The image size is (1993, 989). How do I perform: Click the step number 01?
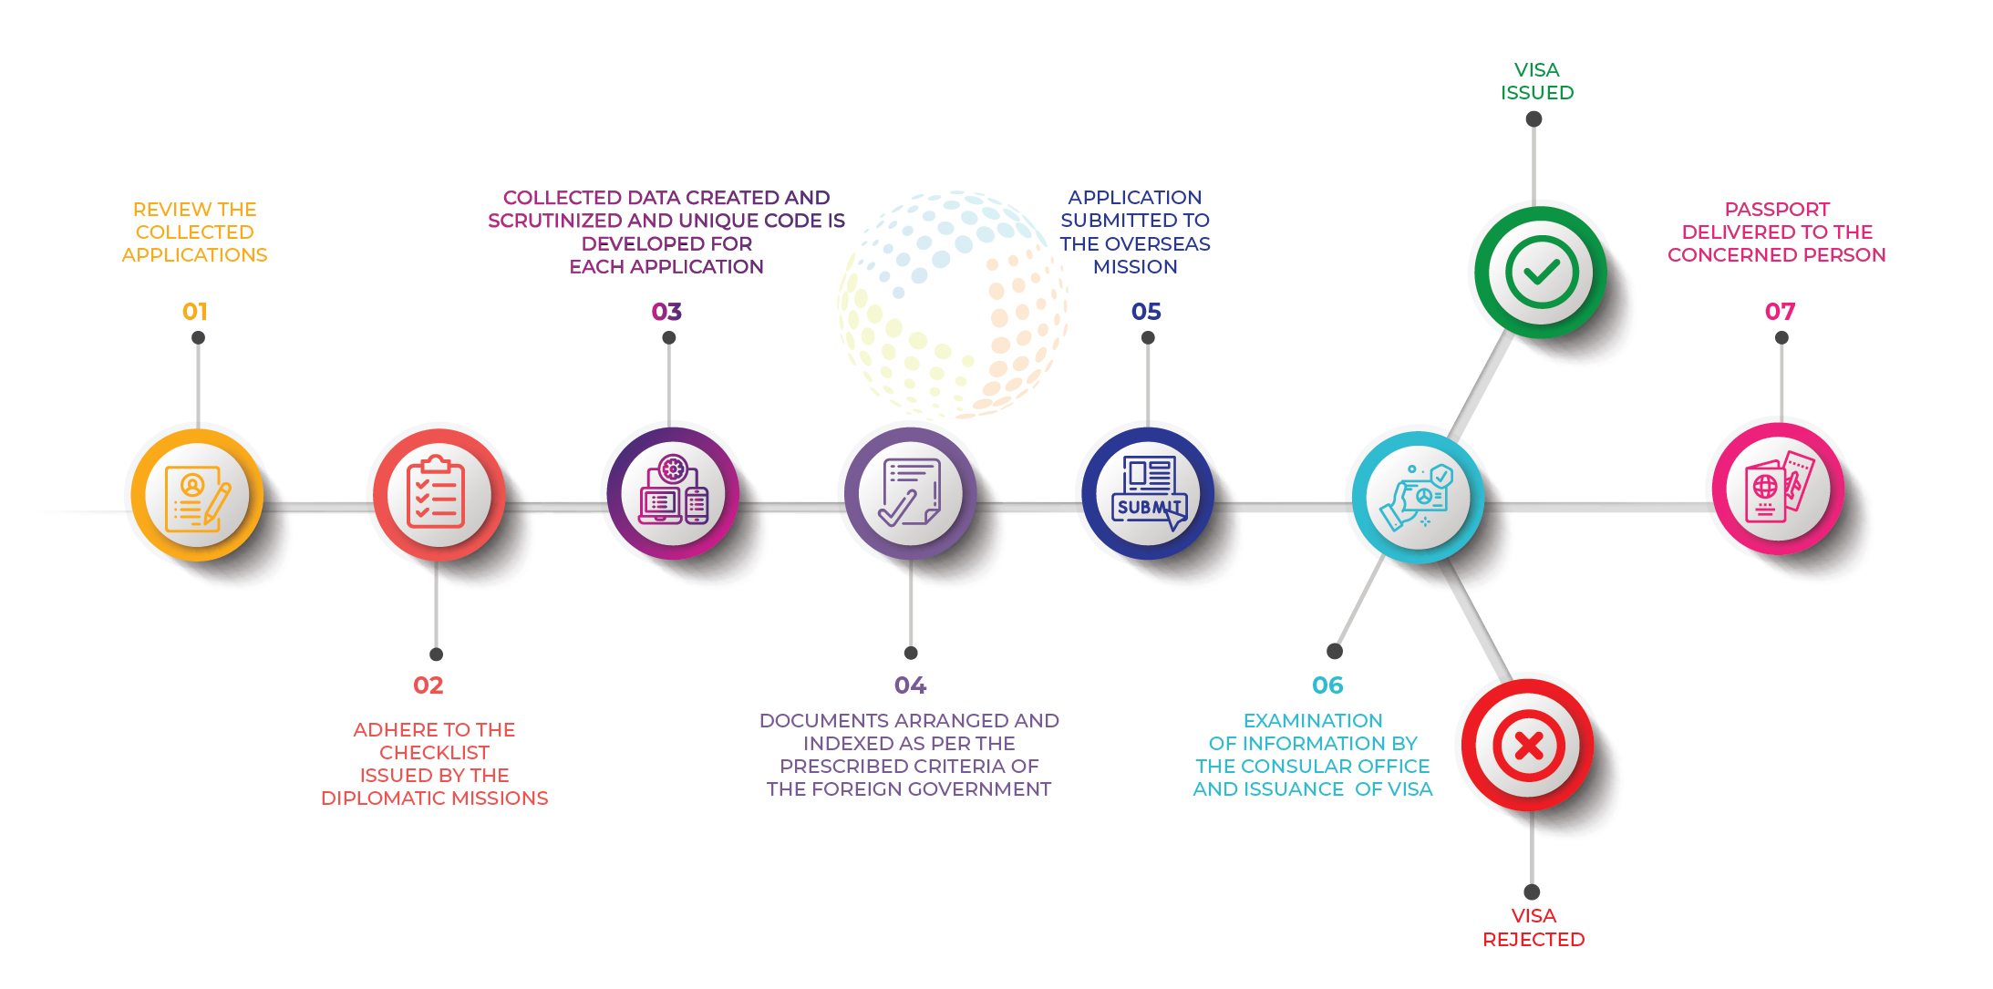(195, 312)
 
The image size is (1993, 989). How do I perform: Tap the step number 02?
(429, 685)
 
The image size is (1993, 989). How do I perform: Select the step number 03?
(666, 312)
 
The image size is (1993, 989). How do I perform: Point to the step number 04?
(910, 685)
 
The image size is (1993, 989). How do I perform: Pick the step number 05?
(1146, 312)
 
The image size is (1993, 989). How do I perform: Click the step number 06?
(1327, 685)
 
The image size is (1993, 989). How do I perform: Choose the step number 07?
(1780, 312)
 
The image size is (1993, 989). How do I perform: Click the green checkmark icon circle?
(1541, 272)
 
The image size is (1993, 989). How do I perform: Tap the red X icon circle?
(1528, 746)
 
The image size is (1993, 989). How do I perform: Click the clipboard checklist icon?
(436, 493)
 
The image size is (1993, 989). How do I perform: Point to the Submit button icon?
(1149, 493)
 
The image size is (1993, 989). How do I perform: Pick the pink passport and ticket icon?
(1779, 488)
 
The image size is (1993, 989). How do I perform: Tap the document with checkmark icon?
(910, 492)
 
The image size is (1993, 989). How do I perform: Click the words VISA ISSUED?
(1537, 81)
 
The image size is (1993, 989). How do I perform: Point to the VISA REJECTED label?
(1533, 927)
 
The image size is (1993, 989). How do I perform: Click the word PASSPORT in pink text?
(1777, 210)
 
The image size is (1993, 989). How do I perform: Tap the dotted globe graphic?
(953, 304)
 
